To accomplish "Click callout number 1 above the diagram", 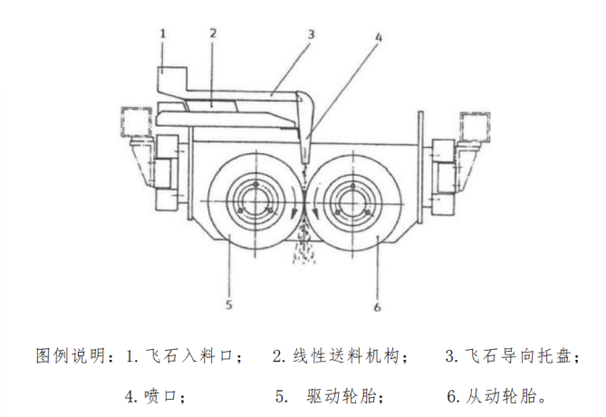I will [162, 34].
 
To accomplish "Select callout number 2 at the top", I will [213, 34].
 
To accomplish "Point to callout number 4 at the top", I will [379, 38].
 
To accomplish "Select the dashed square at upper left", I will [136, 121].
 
